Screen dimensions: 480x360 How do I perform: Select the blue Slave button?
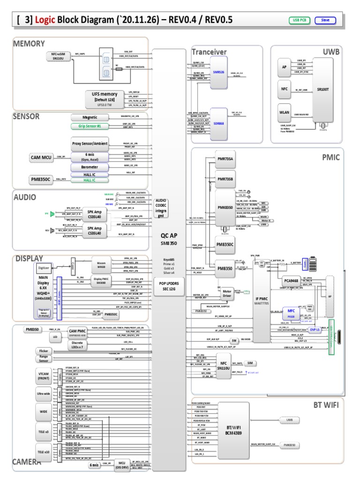325,20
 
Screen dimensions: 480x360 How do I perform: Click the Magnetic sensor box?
90,117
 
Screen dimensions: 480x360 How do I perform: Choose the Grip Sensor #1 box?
90,126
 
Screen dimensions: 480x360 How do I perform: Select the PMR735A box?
225,159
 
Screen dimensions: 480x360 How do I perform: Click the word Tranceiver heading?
209,52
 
